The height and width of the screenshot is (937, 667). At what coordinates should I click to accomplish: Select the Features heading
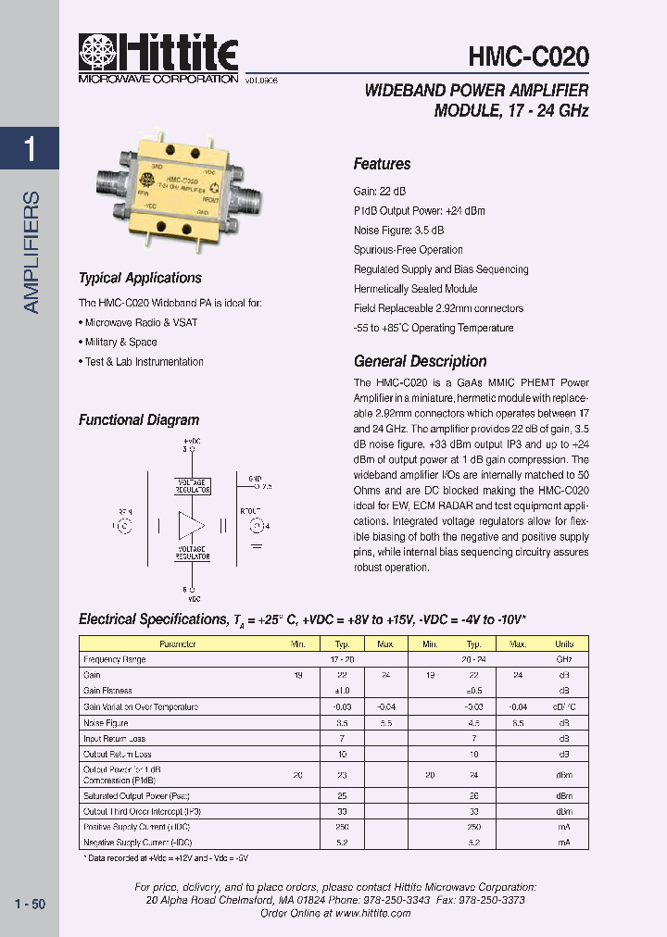(382, 164)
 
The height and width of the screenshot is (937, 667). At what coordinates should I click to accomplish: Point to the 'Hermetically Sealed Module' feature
(415, 289)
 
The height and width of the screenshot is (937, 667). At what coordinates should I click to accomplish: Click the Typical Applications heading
(140, 278)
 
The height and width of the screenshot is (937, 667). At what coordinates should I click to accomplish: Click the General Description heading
(420, 361)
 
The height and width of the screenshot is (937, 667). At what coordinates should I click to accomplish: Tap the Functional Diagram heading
(139, 420)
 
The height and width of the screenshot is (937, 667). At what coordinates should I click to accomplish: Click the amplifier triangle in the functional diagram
(192, 526)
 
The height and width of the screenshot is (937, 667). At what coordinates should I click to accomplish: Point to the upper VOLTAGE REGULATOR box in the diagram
(193, 485)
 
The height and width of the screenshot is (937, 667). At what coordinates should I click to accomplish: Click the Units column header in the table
(564, 643)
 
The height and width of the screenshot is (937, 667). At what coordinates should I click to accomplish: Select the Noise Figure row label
(106, 722)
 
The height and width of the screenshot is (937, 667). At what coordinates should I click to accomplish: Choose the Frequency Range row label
(115, 659)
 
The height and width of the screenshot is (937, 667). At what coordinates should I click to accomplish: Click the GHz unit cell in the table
(564, 659)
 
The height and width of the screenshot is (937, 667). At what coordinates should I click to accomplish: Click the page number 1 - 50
(31, 904)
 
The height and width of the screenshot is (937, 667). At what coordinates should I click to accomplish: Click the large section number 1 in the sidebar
(31, 149)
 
